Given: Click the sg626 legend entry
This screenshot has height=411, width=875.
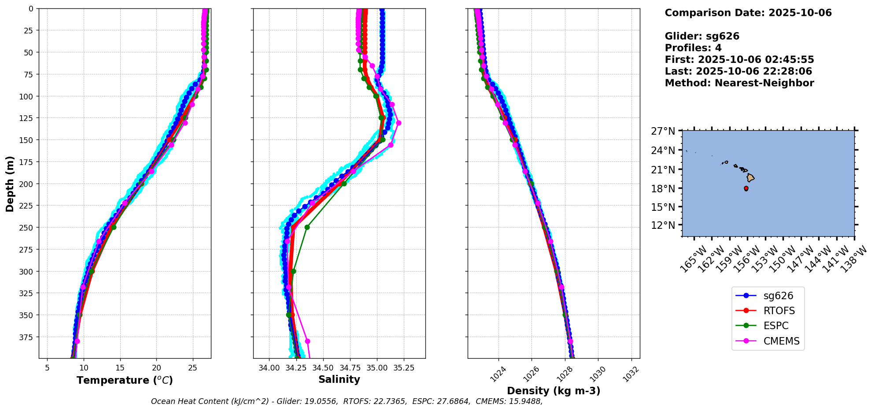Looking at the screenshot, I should pyautogui.click(x=778, y=296).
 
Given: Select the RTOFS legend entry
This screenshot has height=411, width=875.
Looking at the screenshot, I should pyautogui.click(x=779, y=311).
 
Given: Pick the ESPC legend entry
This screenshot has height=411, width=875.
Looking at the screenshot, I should pyautogui.click(x=775, y=326).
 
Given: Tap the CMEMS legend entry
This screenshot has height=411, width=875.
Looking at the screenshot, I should pyautogui.click(x=781, y=341).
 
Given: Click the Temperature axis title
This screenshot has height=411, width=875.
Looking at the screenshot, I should pyautogui.click(x=125, y=380).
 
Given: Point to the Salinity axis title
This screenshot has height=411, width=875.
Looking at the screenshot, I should pyautogui.click(x=339, y=379).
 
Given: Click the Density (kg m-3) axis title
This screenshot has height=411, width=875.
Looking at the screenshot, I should pyautogui.click(x=554, y=391).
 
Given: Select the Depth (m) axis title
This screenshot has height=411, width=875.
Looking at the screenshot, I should pyautogui.click(x=10, y=183).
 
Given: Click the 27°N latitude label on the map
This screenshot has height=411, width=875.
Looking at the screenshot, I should pyautogui.click(x=663, y=131).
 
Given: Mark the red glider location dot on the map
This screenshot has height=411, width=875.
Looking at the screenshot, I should pyautogui.click(x=746, y=188).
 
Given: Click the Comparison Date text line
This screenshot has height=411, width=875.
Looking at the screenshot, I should pyautogui.click(x=748, y=13).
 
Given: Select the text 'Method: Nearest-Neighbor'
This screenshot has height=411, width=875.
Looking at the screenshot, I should pyautogui.click(x=739, y=83).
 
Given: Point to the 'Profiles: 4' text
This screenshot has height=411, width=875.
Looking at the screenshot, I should pyautogui.click(x=693, y=48).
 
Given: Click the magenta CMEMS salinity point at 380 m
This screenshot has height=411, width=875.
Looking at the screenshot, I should pyautogui.click(x=307, y=341).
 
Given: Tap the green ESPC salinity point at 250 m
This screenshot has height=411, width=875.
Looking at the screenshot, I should pyautogui.click(x=307, y=228).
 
